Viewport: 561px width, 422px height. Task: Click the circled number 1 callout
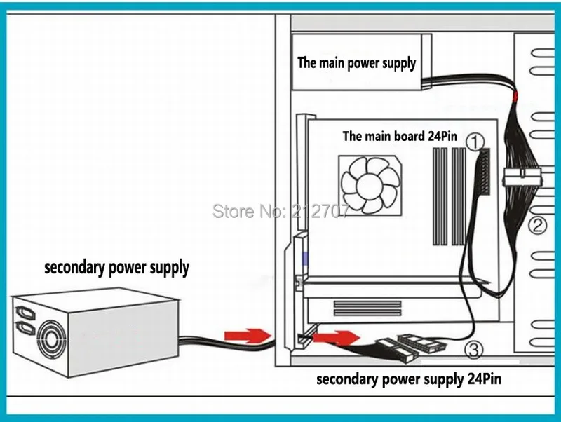coord(475,142)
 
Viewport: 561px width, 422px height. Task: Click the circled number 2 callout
coord(538,226)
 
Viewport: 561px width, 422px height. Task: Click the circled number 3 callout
coord(474,350)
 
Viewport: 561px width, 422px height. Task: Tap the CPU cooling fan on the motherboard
coord(370,185)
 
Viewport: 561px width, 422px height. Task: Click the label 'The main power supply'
coord(357,63)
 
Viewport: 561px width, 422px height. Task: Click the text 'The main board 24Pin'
coord(400,136)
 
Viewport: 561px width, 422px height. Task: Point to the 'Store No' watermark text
coord(280,211)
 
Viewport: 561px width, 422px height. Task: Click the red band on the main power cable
coord(515,96)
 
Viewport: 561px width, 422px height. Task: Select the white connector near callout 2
coord(522,176)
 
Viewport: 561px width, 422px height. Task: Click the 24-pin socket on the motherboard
coord(484,171)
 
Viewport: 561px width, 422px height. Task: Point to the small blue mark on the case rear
coord(305,259)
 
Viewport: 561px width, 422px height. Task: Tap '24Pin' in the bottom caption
coord(485,379)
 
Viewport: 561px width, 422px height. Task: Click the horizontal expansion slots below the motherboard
coord(367,308)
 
